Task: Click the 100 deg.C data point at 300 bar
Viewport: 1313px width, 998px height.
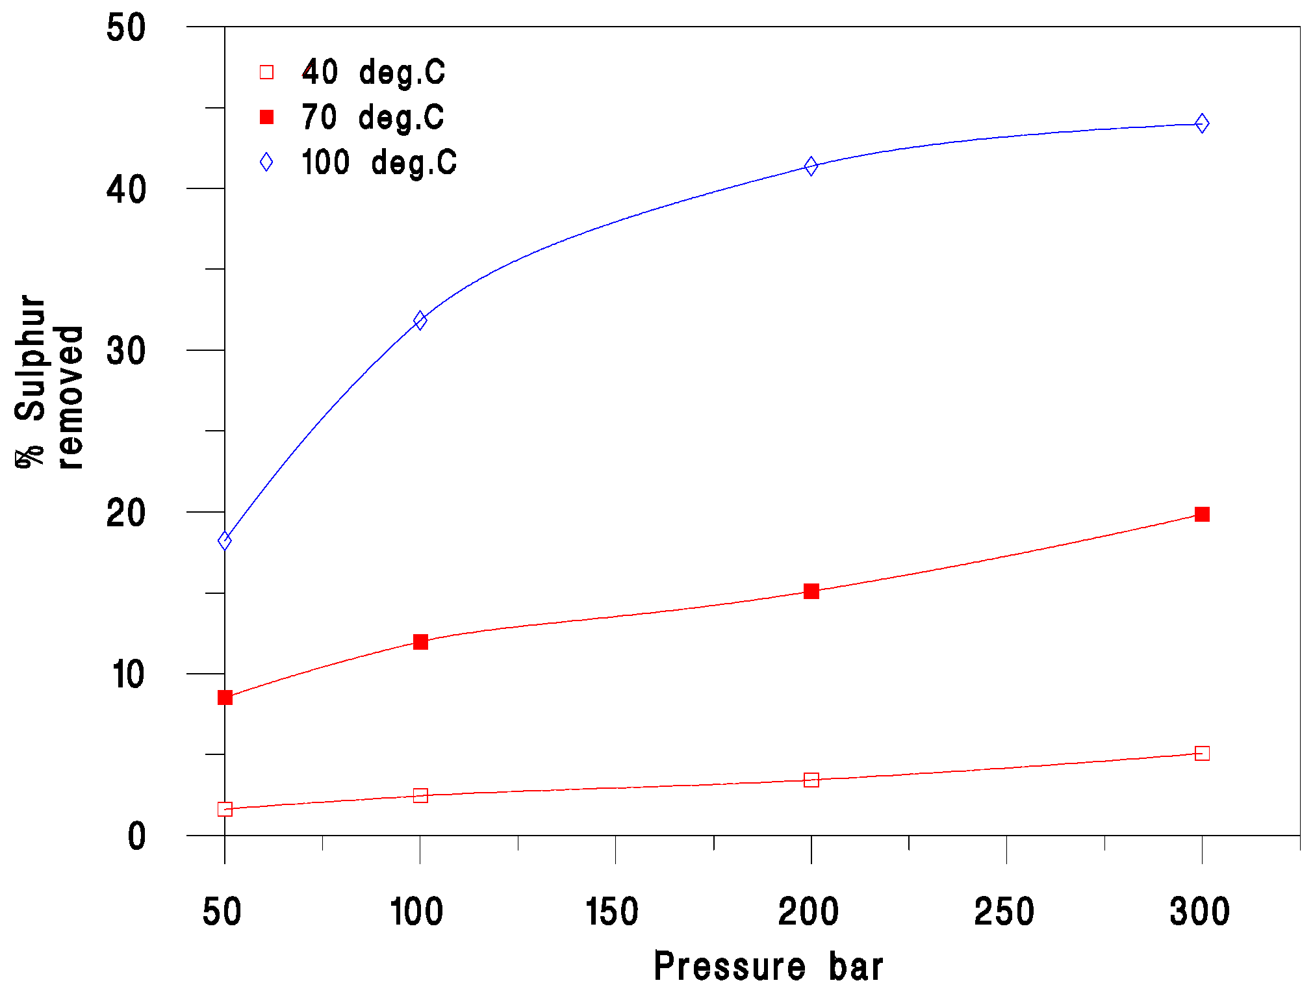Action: point(1202,123)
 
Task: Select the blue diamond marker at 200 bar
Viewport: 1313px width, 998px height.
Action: point(811,166)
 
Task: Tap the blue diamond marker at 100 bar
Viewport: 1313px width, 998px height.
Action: point(420,320)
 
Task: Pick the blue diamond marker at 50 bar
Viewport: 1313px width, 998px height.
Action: point(225,541)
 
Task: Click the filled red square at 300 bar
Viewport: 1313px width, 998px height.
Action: point(1202,515)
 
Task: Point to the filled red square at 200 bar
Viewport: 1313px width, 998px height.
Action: point(811,591)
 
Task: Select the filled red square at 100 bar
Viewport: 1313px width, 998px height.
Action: point(420,642)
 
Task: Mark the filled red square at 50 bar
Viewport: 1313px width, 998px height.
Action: point(225,697)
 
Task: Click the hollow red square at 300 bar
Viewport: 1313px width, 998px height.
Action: point(1202,754)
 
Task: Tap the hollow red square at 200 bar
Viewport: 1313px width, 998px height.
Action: point(811,780)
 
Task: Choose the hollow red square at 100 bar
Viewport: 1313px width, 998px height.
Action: point(420,795)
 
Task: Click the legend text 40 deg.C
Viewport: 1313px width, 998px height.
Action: point(373,72)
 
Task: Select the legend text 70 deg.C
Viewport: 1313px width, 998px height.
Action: point(372,118)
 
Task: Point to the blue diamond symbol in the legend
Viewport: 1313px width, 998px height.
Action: point(266,162)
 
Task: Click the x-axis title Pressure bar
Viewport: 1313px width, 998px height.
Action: point(768,966)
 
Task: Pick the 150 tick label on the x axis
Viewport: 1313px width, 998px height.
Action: point(612,912)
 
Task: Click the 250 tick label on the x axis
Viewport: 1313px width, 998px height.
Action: point(1004,912)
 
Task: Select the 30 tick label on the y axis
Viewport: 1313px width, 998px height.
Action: point(126,351)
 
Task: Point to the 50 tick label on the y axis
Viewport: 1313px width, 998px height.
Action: point(126,28)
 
